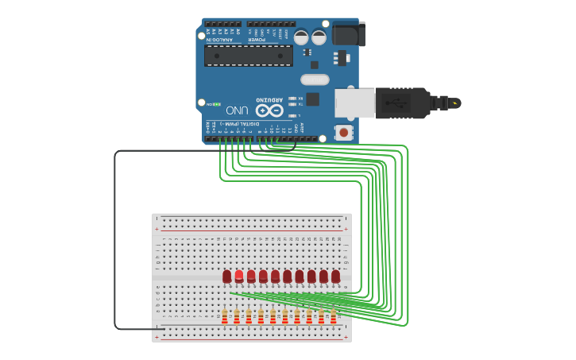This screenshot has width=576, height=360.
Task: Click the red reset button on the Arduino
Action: pyautogui.click(x=342, y=133)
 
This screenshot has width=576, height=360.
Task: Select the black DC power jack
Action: pyautogui.click(x=347, y=34)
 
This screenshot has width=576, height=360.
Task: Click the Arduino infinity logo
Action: pyautogui.click(x=269, y=110)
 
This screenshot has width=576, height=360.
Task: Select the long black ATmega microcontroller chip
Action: pyautogui.click(x=248, y=56)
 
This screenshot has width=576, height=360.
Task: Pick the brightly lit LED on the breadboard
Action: pyautogui.click(x=239, y=276)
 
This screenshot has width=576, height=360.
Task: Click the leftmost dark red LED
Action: pyautogui.click(x=227, y=276)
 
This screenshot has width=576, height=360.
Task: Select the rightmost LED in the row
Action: pyautogui.click(x=336, y=276)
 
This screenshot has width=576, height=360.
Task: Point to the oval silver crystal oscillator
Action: pyautogui.click(x=315, y=79)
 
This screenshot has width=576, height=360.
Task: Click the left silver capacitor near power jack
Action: pyautogui.click(x=302, y=37)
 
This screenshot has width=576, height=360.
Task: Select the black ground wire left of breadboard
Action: pyautogui.click(x=115, y=238)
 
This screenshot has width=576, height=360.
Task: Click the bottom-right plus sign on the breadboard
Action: pyautogui.click(x=346, y=337)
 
